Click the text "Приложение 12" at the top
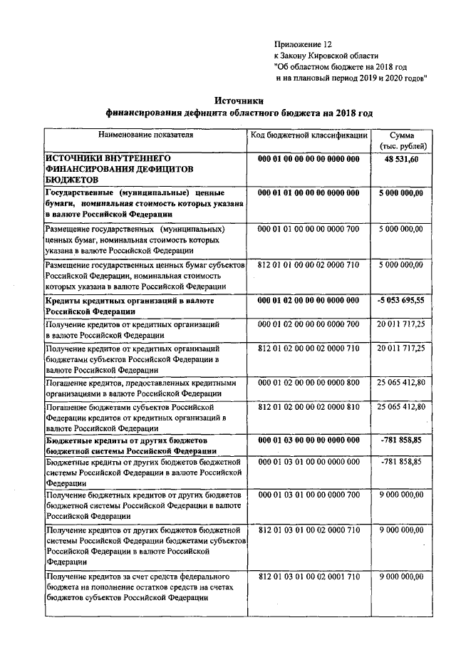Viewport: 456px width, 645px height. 303,44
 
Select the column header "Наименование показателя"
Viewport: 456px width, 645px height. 145,134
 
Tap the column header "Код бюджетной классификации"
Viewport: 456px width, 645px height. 309,134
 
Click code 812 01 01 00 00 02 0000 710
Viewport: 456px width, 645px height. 309,264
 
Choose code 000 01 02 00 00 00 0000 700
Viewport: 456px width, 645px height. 309,324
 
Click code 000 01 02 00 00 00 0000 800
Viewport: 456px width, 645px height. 309,383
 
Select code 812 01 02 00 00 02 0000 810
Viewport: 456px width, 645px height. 309,406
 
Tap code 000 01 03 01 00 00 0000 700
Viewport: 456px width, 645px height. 309,495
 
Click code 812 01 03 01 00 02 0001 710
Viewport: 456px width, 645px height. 309,576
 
